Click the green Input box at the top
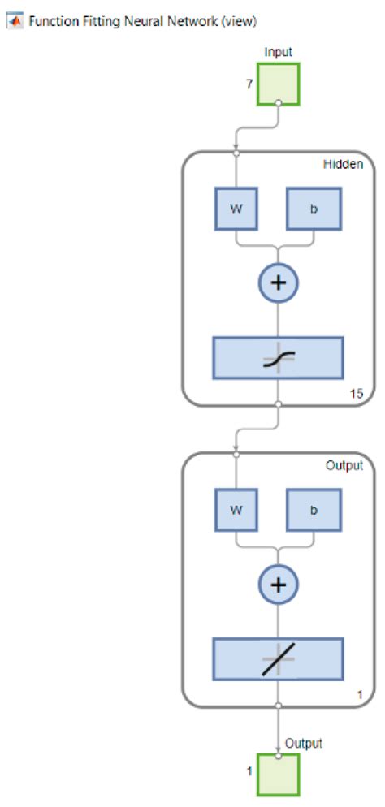[279, 84]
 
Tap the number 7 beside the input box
[249, 84]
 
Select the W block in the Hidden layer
[236, 208]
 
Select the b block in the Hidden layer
[314, 208]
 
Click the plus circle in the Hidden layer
[279, 283]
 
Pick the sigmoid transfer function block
[279, 358]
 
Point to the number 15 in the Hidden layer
[357, 394]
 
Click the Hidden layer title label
[344, 163]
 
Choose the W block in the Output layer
[236, 511]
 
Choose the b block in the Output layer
[314, 511]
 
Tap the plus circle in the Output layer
[279, 585]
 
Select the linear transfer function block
[279, 658]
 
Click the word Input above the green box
[279, 52]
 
